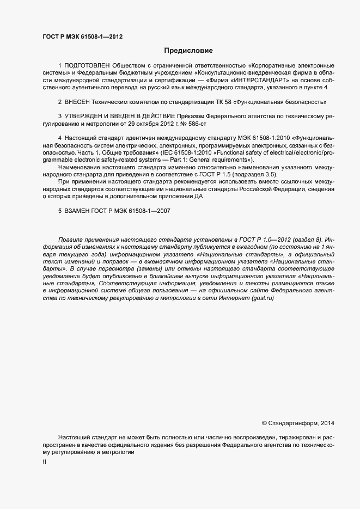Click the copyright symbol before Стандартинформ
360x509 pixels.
(x=265, y=423)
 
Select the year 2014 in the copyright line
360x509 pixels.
(x=329, y=423)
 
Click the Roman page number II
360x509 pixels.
(x=44, y=462)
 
